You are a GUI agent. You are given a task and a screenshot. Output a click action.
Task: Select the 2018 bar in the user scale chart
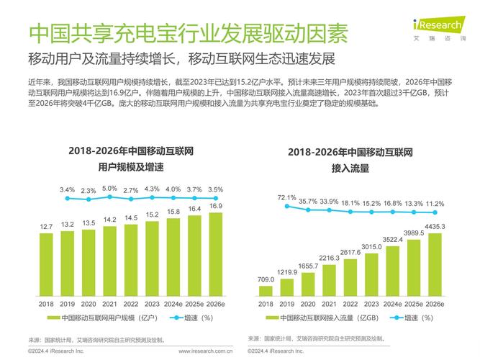pyautogui.click(x=46, y=264)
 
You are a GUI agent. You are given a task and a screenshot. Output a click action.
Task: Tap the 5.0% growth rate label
pyautogui.click(x=109, y=189)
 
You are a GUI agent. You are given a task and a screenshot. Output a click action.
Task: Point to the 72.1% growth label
pyautogui.click(x=286, y=197)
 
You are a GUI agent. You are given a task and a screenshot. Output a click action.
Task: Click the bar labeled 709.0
pyautogui.click(x=266, y=291)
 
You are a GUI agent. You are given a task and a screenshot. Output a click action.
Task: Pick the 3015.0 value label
pyautogui.click(x=371, y=247)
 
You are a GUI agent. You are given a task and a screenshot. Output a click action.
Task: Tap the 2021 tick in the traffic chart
pyautogui.click(x=329, y=305)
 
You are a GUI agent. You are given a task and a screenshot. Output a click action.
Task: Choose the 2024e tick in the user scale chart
pyautogui.click(x=173, y=305)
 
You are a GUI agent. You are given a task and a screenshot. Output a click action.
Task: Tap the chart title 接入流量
pyautogui.click(x=350, y=168)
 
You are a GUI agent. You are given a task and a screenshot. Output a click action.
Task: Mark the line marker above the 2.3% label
pyautogui.click(x=89, y=198)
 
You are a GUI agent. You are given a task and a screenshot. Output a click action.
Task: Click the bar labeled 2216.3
pyautogui.click(x=329, y=281)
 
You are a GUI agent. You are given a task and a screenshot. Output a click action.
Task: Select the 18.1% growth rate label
pyautogui.click(x=350, y=204)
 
